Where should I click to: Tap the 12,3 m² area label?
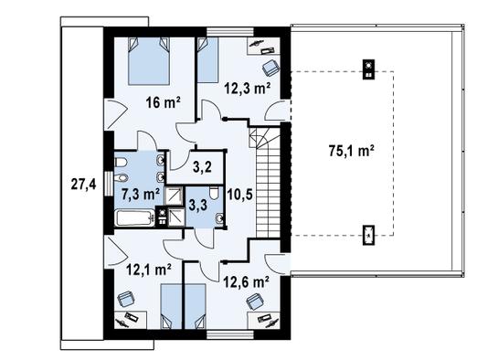pyautogui.click(x=247, y=89)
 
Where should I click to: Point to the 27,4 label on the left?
pyautogui.click(x=82, y=184)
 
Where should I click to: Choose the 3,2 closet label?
pyautogui.click(x=203, y=167)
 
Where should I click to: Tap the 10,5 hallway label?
pyautogui.click(x=239, y=193)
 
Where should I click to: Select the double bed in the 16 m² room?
pyautogui.click(x=147, y=60)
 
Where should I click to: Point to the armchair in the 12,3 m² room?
pyautogui.click(x=270, y=68)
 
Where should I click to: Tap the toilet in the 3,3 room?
pyautogui.click(x=213, y=194)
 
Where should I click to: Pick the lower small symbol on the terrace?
pyautogui.click(x=367, y=236)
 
